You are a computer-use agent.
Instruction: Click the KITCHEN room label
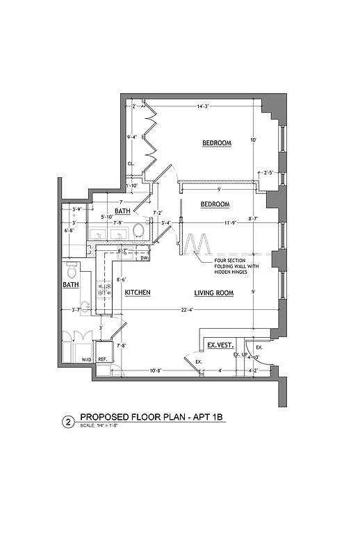(138, 293)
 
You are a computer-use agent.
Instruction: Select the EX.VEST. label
(220, 345)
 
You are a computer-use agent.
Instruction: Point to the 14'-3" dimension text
(203, 106)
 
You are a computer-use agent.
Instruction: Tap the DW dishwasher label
(145, 259)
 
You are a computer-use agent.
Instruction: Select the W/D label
(87, 360)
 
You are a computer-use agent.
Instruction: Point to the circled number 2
(68, 421)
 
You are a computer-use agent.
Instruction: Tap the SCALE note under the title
(99, 426)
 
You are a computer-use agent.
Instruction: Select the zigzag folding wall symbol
(197, 245)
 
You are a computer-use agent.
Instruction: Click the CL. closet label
(130, 164)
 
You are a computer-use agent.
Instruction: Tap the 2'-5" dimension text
(270, 172)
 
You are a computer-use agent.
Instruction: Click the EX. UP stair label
(240, 355)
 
